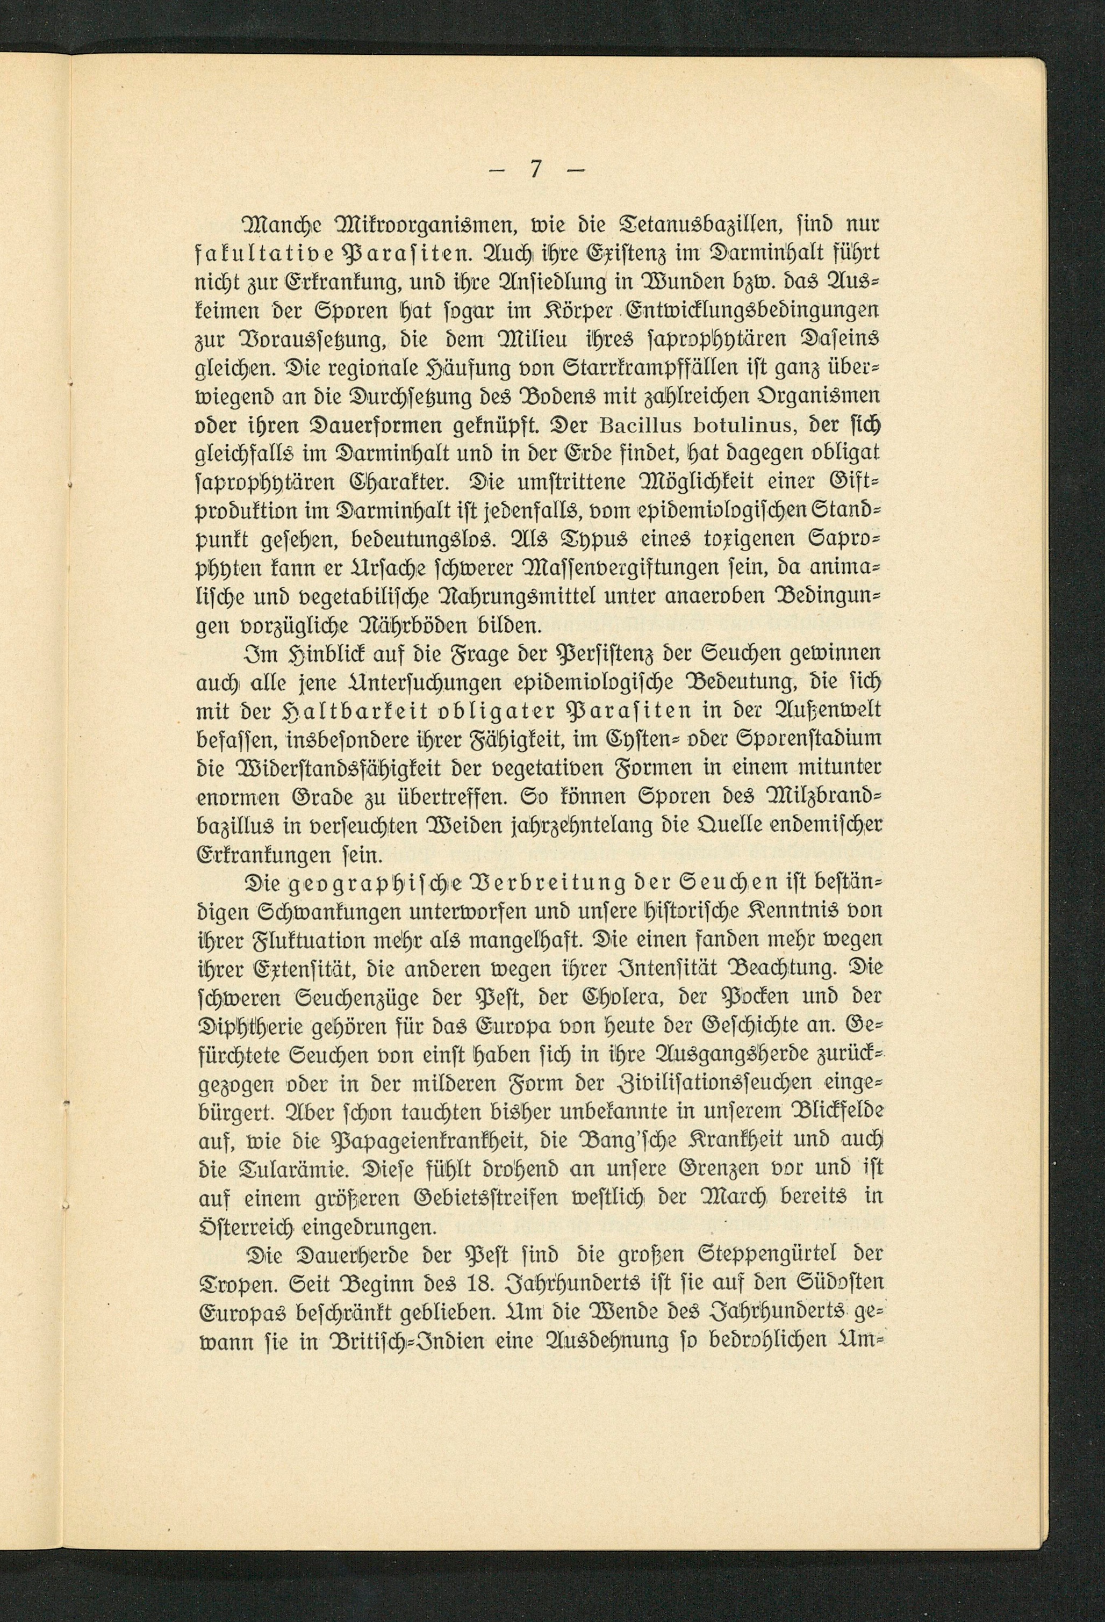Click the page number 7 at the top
tap(535, 170)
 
